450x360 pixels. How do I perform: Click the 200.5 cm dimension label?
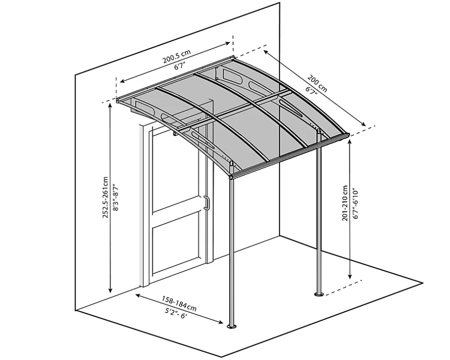point(177,56)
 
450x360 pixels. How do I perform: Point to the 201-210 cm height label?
point(345,203)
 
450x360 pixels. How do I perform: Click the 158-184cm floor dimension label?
point(180,304)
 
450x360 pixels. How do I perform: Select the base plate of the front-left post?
point(232,326)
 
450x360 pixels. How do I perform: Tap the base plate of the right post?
point(318,294)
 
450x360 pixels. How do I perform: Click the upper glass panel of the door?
point(176,172)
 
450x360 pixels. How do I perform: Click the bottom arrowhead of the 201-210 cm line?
point(349,276)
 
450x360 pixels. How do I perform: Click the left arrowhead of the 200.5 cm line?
point(122,81)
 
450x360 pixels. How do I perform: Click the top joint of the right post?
point(318,132)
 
